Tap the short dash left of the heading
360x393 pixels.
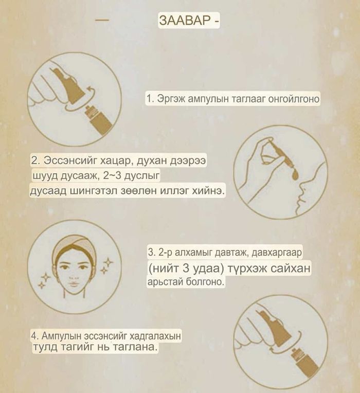pos(102,20)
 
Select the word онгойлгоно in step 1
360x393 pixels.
pos(294,99)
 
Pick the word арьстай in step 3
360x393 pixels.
pos(166,282)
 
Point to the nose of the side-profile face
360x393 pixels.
pos(301,186)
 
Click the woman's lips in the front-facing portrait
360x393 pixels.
pos(74,284)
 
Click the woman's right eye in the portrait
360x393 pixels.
pos(65,267)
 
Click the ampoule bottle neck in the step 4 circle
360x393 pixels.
pos(296,356)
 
